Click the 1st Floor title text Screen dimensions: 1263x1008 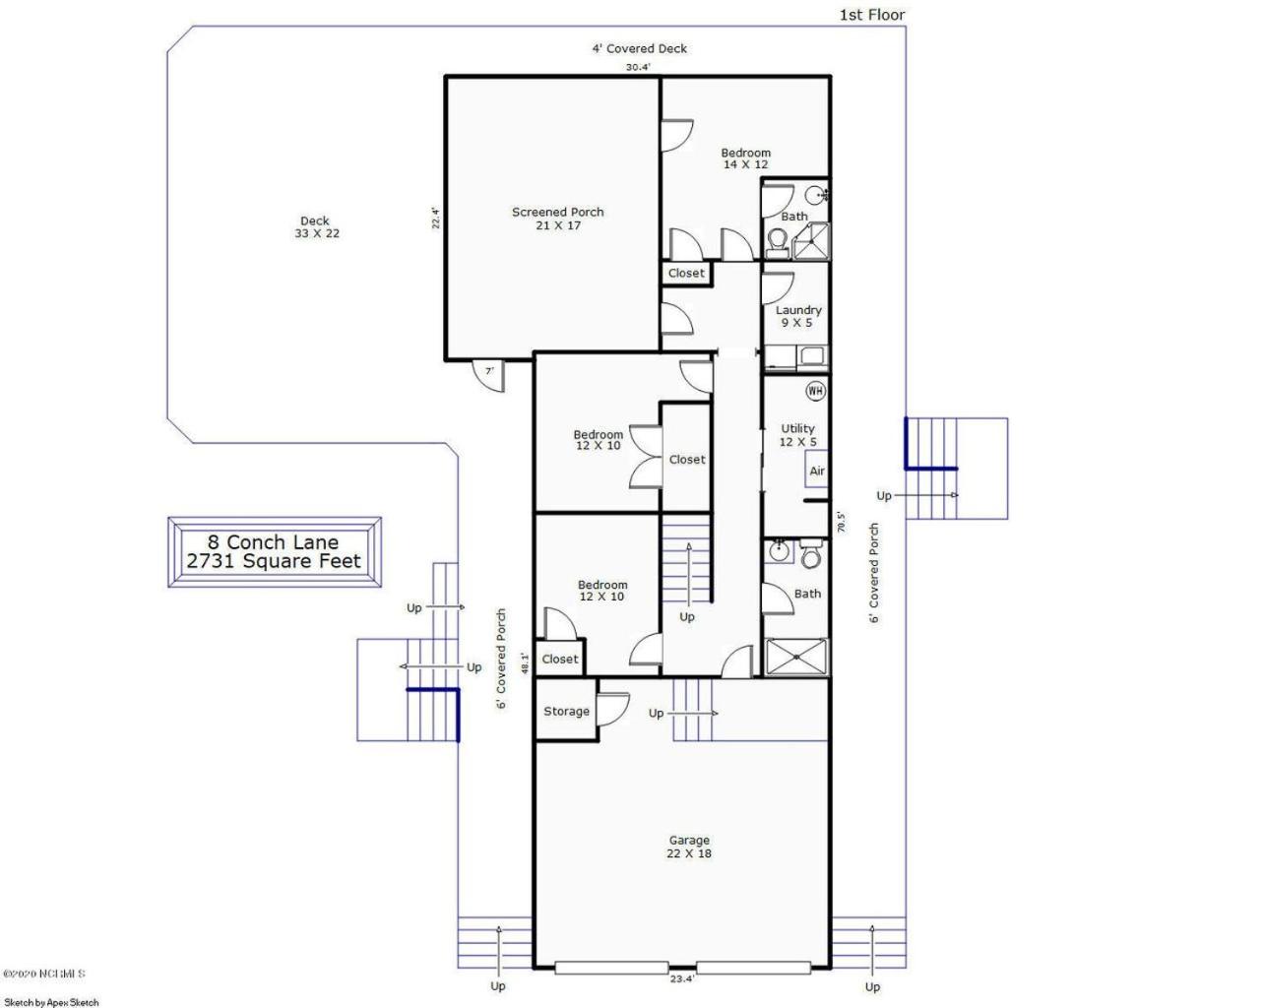click(872, 16)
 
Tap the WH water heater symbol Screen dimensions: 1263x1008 click(816, 391)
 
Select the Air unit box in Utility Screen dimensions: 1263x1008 click(816, 470)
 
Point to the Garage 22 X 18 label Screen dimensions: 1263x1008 click(689, 847)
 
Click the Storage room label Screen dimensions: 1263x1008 click(566, 712)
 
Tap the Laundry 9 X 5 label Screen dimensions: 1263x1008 click(798, 316)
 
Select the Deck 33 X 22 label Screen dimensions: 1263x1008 click(316, 227)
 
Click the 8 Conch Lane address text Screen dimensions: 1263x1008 click(273, 541)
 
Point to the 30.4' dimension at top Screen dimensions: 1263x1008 click(638, 67)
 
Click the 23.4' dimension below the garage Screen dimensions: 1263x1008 click(682, 978)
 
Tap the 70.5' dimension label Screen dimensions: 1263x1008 click(842, 522)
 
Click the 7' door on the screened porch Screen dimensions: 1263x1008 click(488, 375)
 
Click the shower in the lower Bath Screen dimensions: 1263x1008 click(797, 657)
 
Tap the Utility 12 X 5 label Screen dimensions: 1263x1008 click(798, 435)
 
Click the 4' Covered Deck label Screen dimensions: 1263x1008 click(639, 49)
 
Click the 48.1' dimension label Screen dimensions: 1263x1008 click(526, 664)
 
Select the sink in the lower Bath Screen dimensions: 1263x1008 click(779, 551)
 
